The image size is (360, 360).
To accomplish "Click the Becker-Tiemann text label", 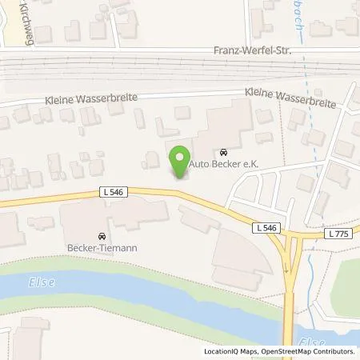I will point(102,248).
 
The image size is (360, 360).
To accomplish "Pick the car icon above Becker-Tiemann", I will point(102,237).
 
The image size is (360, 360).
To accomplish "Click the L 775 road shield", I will point(339,234).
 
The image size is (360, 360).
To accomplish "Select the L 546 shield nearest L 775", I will point(266,229).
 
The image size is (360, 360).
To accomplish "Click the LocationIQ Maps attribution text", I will point(232,351).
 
